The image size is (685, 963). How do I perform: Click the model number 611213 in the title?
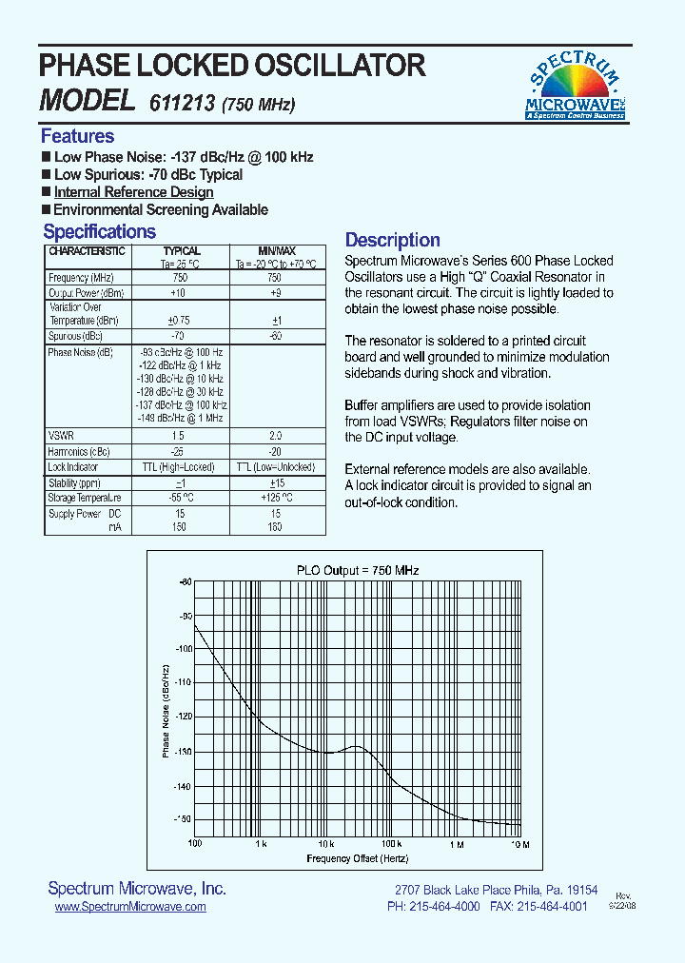tap(183, 102)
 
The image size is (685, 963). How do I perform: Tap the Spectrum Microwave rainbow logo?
tap(575, 83)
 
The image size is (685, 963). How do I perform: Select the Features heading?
tap(77, 136)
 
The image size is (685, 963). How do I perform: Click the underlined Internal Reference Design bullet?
tap(133, 192)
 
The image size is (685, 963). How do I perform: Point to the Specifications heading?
tap(99, 232)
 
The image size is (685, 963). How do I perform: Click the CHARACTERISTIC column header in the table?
tap(87, 251)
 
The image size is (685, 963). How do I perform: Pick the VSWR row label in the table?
tap(61, 434)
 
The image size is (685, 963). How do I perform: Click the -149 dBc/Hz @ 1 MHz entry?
tap(180, 418)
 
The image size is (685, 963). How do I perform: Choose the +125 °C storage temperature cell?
tap(275, 497)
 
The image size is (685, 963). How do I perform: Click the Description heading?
tap(392, 241)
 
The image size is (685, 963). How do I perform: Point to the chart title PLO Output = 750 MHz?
tap(358, 570)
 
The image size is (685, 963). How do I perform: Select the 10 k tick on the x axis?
tap(325, 844)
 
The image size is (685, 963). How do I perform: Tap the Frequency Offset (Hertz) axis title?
tap(357, 858)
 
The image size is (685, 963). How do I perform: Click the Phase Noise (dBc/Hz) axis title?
tap(166, 709)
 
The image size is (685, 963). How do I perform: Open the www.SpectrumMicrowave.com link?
tap(130, 908)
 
